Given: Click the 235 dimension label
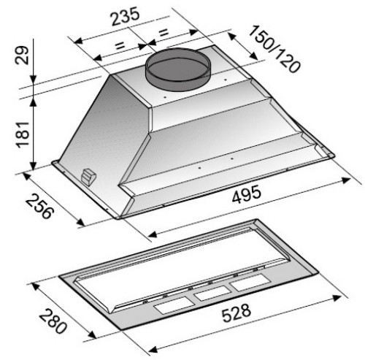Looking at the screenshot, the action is [125, 16].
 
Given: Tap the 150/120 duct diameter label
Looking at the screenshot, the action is [274, 49].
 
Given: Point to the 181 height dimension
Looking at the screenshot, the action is [23, 134].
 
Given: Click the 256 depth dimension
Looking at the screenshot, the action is [39, 206].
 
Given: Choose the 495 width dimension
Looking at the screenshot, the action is [247, 194].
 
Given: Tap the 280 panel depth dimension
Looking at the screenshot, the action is [52, 321].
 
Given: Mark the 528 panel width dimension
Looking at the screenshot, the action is [236, 313].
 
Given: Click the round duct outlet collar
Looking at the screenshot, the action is [178, 69].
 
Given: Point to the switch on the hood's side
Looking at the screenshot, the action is [88, 177].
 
